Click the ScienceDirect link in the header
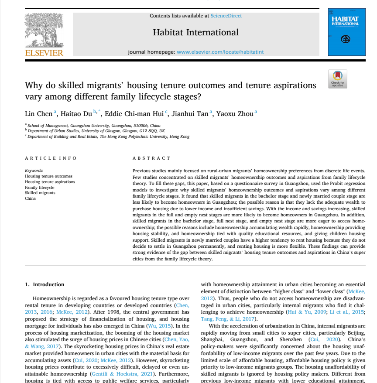tap(226, 16)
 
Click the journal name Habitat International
tap(195, 32)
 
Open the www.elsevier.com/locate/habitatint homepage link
tap(220, 52)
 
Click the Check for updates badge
tap(337, 79)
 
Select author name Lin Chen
tap(39, 113)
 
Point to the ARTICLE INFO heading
tap(51, 158)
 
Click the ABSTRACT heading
tap(151, 158)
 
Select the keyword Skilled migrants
tap(40, 193)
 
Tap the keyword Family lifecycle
tap(40, 187)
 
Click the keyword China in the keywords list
tap(31, 198)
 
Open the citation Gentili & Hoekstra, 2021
tap(121, 374)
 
